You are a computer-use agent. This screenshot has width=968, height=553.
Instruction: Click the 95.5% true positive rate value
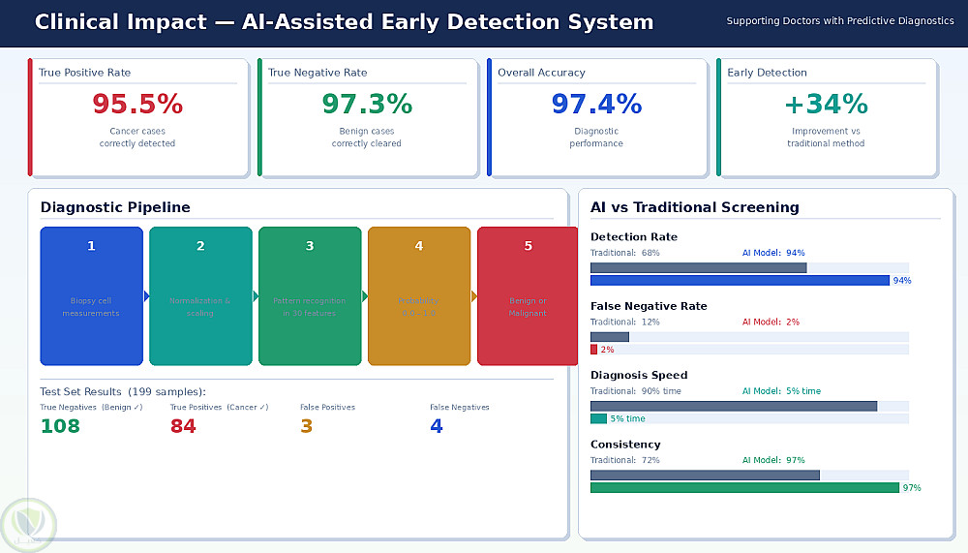[x=136, y=104]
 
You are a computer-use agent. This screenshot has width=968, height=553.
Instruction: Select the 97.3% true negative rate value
[x=367, y=104]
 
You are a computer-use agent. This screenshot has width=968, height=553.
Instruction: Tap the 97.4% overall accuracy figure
[x=596, y=104]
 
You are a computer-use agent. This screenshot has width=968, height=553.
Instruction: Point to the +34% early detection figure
[x=826, y=104]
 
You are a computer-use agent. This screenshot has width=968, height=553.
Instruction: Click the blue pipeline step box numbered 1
[x=91, y=295]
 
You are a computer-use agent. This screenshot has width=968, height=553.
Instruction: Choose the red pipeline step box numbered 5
[x=528, y=295]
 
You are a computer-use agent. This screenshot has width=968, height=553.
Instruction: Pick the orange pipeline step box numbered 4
[x=419, y=295]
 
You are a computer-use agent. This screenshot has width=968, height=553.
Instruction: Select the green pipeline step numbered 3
[x=310, y=295]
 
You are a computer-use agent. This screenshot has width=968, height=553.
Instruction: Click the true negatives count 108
[x=60, y=426]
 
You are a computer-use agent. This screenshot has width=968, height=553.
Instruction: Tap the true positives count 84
[x=183, y=426]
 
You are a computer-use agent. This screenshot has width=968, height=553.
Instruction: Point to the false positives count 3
[x=306, y=426]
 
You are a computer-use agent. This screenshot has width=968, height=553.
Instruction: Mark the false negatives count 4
[x=437, y=426]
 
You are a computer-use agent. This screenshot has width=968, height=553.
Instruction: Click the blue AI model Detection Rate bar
[x=740, y=281]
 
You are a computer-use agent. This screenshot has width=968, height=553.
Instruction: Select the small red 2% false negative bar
[x=593, y=350]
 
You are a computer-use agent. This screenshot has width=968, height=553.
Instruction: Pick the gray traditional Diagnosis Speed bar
[x=734, y=406]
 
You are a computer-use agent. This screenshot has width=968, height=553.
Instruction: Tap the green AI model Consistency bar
[x=744, y=488]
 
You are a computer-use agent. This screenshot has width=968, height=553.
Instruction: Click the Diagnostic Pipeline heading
[x=115, y=207]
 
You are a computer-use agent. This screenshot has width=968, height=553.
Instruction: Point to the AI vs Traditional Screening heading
[x=694, y=207]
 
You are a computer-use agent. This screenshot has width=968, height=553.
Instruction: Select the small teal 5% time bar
[x=598, y=418]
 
